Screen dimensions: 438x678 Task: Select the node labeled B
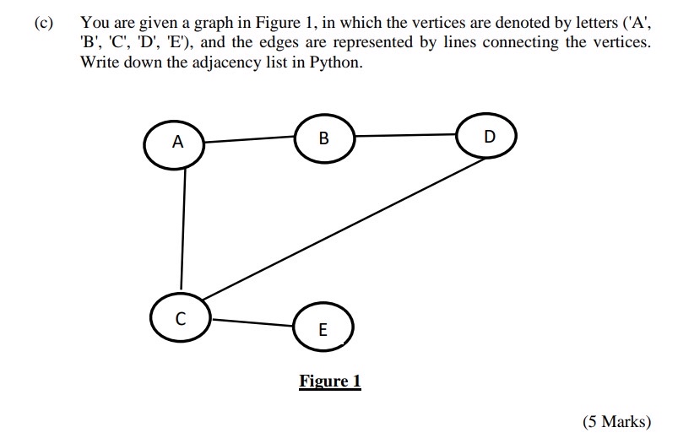coord(324,138)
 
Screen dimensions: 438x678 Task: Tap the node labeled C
coord(179,318)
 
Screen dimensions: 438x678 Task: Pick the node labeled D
coord(486,136)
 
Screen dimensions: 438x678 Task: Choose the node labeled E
coord(323,329)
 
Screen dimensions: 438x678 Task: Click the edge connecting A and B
coord(251,138)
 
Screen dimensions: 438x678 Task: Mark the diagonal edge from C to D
coord(338,229)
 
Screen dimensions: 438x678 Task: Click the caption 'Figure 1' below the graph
coord(330,381)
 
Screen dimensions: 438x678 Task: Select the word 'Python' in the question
coord(335,62)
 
